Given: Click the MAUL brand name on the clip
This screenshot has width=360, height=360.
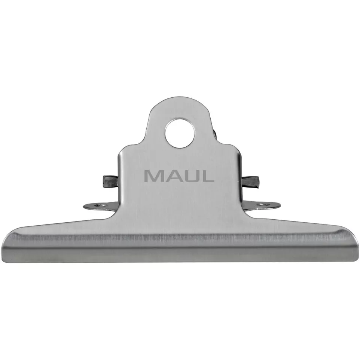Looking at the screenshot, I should (179, 176).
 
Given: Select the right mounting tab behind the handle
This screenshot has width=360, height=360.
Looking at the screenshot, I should (264, 205).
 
